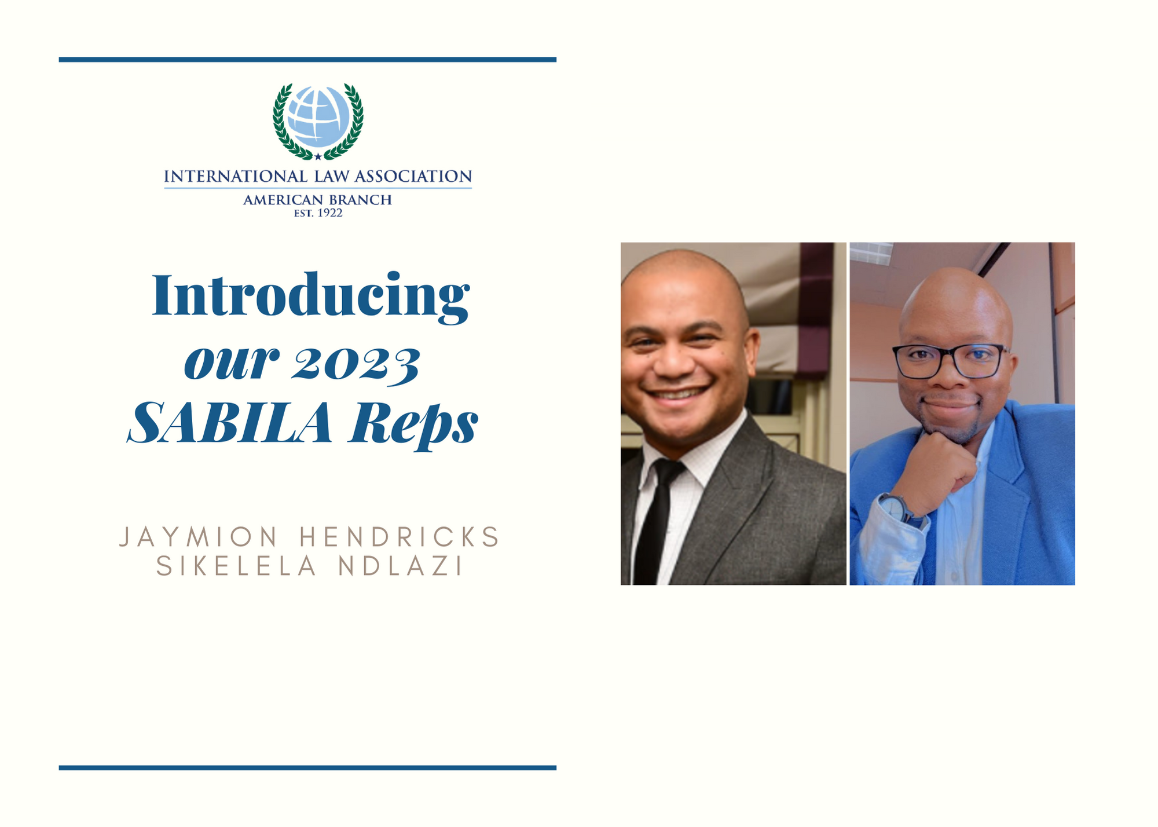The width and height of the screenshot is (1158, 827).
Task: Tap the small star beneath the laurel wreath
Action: coord(318,156)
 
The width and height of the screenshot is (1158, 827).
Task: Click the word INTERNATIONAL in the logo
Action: coord(236,176)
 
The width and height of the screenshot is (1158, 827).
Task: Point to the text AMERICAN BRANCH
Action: coord(318,200)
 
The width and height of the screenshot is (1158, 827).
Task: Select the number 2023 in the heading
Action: coord(355,365)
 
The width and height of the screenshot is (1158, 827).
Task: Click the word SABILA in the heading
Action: coord(230,423)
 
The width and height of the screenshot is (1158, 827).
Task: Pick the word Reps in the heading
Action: coord(413,426)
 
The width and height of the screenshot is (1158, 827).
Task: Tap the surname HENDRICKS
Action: coord(400,537)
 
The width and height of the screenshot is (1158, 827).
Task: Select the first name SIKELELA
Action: coord(237,566)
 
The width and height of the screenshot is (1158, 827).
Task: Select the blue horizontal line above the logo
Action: coord(307,60)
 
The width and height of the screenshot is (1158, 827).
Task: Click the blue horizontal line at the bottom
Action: coord(307,768)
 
